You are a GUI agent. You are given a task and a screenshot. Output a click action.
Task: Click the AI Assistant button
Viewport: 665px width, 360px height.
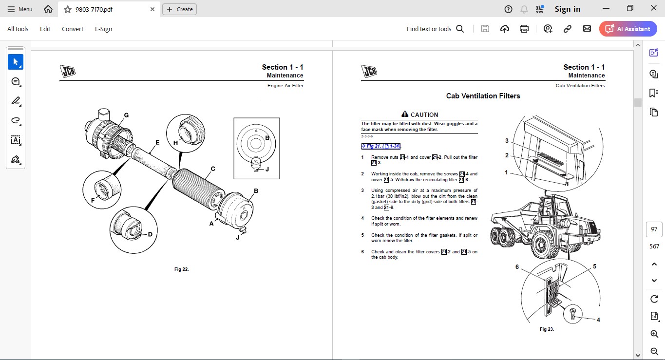pos(628,29)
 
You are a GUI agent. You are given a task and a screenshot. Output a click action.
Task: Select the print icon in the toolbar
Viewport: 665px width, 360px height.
pos(524,29)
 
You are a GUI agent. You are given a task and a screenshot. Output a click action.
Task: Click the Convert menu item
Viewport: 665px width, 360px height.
pos(72,29)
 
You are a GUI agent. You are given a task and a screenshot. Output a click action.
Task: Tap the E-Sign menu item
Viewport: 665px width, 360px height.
pos(103,29)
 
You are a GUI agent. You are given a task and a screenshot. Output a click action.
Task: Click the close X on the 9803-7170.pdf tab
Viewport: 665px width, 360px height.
pos(152,9)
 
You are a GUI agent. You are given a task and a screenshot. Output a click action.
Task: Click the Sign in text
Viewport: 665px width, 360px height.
pos(567,9)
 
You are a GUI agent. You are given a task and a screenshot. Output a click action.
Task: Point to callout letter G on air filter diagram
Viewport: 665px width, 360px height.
pos(126,115)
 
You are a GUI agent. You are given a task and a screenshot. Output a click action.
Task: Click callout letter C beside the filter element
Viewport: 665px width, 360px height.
pos(213,169)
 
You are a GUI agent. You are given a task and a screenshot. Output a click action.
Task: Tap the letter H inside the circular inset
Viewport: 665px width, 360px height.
pos(175,143)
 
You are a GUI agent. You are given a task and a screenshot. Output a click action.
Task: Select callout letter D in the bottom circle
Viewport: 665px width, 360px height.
pos(150,234)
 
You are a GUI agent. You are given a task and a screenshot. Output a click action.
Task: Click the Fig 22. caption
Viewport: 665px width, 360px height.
pos(181,269)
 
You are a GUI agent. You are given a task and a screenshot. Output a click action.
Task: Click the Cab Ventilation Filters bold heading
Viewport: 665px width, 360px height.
pos(483,96)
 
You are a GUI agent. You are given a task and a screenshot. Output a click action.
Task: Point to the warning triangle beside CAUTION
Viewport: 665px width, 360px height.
pos(404,114)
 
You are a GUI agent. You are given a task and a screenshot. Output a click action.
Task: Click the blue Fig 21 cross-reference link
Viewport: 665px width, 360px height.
pos(380,146)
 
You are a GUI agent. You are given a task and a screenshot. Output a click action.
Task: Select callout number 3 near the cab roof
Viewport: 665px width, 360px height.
pos(507,141)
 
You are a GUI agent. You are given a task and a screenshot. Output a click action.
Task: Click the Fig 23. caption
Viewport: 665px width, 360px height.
pos(547,329)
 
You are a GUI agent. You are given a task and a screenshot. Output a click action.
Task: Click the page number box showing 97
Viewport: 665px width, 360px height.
pos(654,229)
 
